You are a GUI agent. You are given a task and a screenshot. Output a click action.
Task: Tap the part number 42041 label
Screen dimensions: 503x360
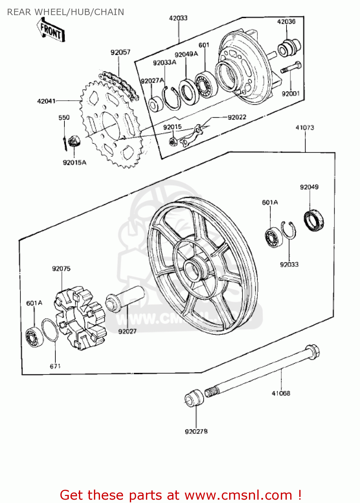tap(46, 101)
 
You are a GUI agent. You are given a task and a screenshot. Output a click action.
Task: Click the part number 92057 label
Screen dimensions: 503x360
tap(120, 52)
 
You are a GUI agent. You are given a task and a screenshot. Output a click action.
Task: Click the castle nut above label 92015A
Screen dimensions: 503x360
tap(74, 142)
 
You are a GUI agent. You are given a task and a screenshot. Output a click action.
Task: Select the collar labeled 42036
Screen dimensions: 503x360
tap(289, 48)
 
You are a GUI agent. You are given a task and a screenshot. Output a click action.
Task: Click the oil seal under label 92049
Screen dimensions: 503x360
tap(314, 221)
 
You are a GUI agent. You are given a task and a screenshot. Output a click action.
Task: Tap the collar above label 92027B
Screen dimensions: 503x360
tap(194, 398)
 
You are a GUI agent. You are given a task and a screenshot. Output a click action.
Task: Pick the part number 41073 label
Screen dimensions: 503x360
tap(305, 128)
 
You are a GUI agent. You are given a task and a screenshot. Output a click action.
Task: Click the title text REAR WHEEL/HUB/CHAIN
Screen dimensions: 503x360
tap(66, 12)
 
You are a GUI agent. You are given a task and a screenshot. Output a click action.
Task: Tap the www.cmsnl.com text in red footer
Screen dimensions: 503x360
tap(238, 495)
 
